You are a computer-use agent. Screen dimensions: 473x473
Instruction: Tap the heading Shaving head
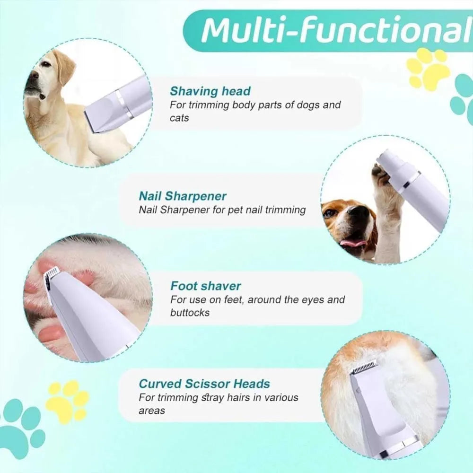tap(210, 91)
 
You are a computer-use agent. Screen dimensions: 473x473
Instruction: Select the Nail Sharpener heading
tap(183, 196)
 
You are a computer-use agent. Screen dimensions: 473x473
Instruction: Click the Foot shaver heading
tap(206, 286)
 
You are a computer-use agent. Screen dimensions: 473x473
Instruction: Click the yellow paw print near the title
tap(428, 69)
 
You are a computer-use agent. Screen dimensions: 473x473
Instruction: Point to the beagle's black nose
tap(362, 214)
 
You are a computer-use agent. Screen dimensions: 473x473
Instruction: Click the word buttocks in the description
tap(190, 312)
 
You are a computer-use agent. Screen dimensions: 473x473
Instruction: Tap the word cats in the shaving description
tap(179, 118)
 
